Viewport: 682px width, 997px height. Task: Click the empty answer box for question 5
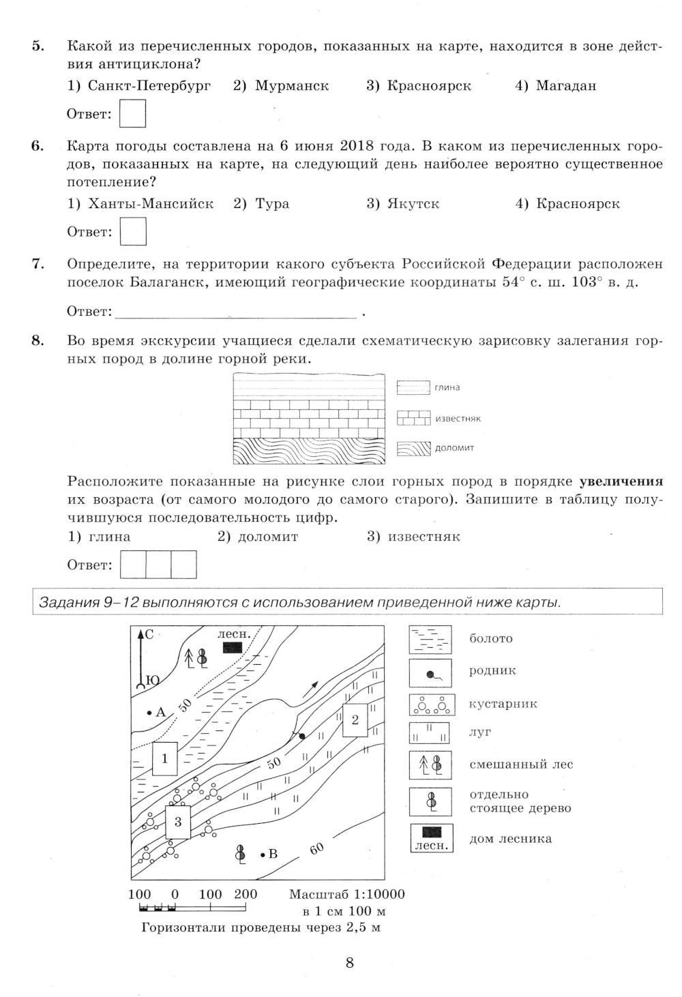133,114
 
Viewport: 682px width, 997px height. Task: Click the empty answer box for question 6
133,231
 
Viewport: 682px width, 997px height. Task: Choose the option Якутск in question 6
403,204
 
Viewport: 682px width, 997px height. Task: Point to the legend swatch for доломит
414,448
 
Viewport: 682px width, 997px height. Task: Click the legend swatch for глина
413,388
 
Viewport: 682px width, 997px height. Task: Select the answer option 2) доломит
258,537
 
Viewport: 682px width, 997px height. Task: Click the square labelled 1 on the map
165,758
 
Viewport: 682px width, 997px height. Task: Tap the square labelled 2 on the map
355,719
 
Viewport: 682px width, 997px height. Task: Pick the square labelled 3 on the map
178,822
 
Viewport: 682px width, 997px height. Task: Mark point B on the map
263,854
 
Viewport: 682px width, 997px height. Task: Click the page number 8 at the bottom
349,964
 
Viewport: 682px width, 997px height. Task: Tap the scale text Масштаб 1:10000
346,894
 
